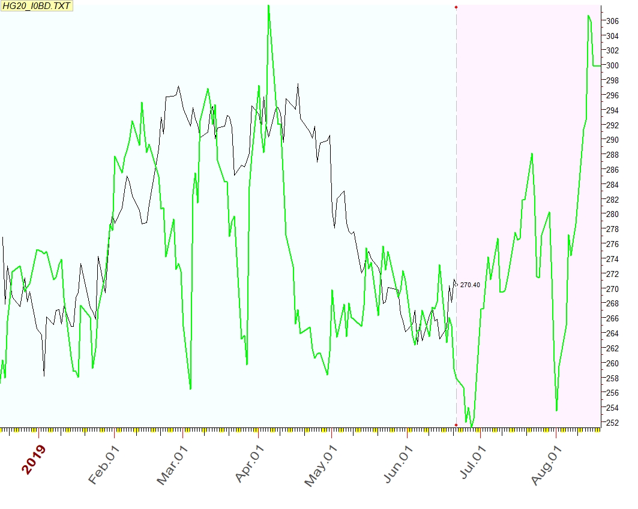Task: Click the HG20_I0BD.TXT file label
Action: tap(37, 5)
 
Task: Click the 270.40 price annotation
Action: tap(470, 285)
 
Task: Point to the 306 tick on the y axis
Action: tap(612, 21)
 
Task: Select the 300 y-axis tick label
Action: tap(612, 65)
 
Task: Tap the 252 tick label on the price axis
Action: tap(612, 422)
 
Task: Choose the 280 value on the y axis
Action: tap(612, 214)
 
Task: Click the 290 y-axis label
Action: tap(612, 140)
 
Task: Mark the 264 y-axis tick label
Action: tap(612, 333)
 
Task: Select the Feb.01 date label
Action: tap(104, 464)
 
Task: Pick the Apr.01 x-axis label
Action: tap(251, 464)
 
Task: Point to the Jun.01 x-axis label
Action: tap(398, 464)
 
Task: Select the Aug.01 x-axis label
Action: tap(547, 464)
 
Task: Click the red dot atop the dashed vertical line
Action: tap(457, 7)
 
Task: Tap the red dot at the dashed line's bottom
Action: tap(457, 425)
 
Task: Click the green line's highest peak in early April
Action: tap(268, 5)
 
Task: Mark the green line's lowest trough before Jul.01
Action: tap(472, 426)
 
